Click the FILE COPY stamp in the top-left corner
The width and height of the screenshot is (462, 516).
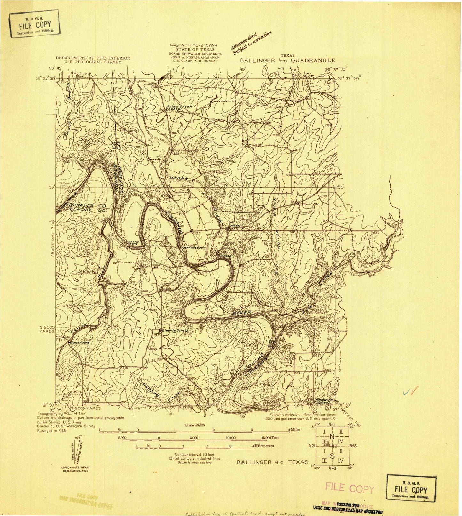(x=35, y=24)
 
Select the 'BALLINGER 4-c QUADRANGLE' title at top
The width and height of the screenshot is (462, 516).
(x=288, y=60)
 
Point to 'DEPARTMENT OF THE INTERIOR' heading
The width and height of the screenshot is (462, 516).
(x=93, y=58)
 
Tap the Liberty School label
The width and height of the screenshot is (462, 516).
(x=175, y=330)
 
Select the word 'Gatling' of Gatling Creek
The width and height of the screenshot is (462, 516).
(x=151, y=389)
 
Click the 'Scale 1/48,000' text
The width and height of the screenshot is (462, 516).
(x=195, y=425)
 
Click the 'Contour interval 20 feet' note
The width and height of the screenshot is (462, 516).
(x=195, y=454)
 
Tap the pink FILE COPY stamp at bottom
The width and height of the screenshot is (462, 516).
(x=349, y=488)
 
